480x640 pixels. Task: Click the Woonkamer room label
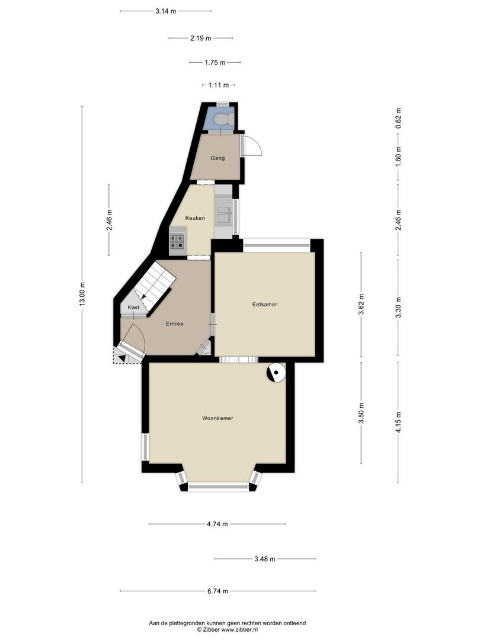click(x=217, y=418)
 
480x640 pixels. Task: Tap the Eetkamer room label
click(x=264, y=305)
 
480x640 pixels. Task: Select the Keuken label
click(x=195, y=218)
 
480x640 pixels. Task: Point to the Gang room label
click(x=217, y=158)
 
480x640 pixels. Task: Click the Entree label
click(x=174, y=324)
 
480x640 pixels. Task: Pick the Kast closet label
click(x=133, y=308)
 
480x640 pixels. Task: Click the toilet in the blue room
click(x=223, y=119)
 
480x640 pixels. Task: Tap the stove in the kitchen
click(x=177, y=241)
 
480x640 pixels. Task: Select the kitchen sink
click(x=223, y=215)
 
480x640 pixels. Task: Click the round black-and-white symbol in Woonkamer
click(x=276, y=373)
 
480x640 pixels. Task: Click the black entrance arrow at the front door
click(x=122, y=359)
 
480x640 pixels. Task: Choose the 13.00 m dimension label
click(x=82, y=294)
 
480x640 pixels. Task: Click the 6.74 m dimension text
click(x=217, y=591)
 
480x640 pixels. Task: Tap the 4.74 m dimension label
click(x=217, y=524)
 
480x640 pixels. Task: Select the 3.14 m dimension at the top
click(x=166, y=11)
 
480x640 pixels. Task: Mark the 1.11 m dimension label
click(x=219, y=85)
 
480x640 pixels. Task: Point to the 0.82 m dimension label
click(x=399, y=119)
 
